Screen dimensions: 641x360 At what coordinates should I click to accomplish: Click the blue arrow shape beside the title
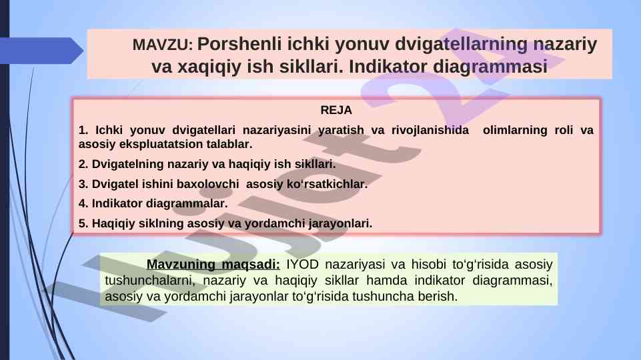pos(41,51)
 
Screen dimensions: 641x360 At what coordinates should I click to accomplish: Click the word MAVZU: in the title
pos(162,45)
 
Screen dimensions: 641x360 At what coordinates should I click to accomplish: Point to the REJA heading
pos(336,110)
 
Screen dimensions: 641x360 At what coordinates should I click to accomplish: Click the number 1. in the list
pos(83,130)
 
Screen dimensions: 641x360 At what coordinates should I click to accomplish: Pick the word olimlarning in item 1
pos(515,130)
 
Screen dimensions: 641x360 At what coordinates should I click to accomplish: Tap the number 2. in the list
pos(83,164)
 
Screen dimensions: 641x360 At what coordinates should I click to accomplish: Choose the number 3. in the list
pos(83,184)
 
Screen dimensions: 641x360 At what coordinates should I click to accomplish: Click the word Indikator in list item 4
pos(117,203)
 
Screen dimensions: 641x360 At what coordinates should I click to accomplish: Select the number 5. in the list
pos(83,223)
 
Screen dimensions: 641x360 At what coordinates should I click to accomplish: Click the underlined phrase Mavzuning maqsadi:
pos(213,265)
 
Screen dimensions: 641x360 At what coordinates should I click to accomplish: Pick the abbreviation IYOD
pos(303,265)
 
